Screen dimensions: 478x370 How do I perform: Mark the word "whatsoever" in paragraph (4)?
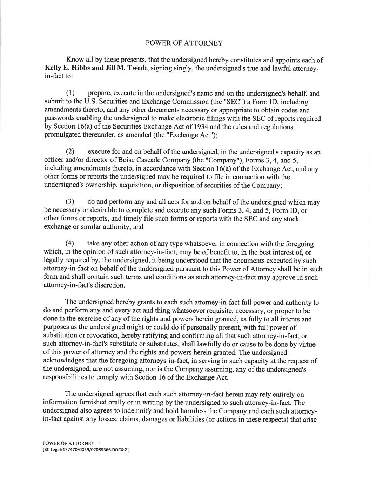182,244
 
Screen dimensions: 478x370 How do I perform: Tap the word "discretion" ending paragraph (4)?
109,285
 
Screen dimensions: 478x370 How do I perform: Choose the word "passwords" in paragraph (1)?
59,119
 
